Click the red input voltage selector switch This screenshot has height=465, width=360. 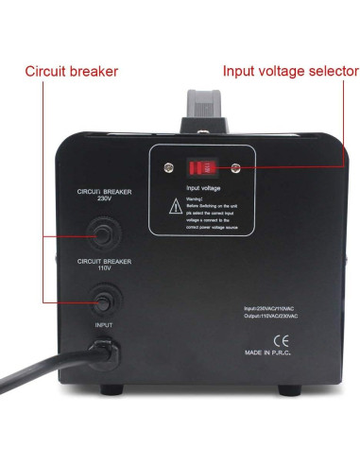coord(201,169)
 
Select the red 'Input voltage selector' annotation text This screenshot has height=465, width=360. coord(290,71)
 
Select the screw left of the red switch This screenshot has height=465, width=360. coord(169,168)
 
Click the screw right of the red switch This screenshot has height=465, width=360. coord(233,168)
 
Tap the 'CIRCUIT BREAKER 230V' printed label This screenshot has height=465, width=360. coord(103,195)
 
